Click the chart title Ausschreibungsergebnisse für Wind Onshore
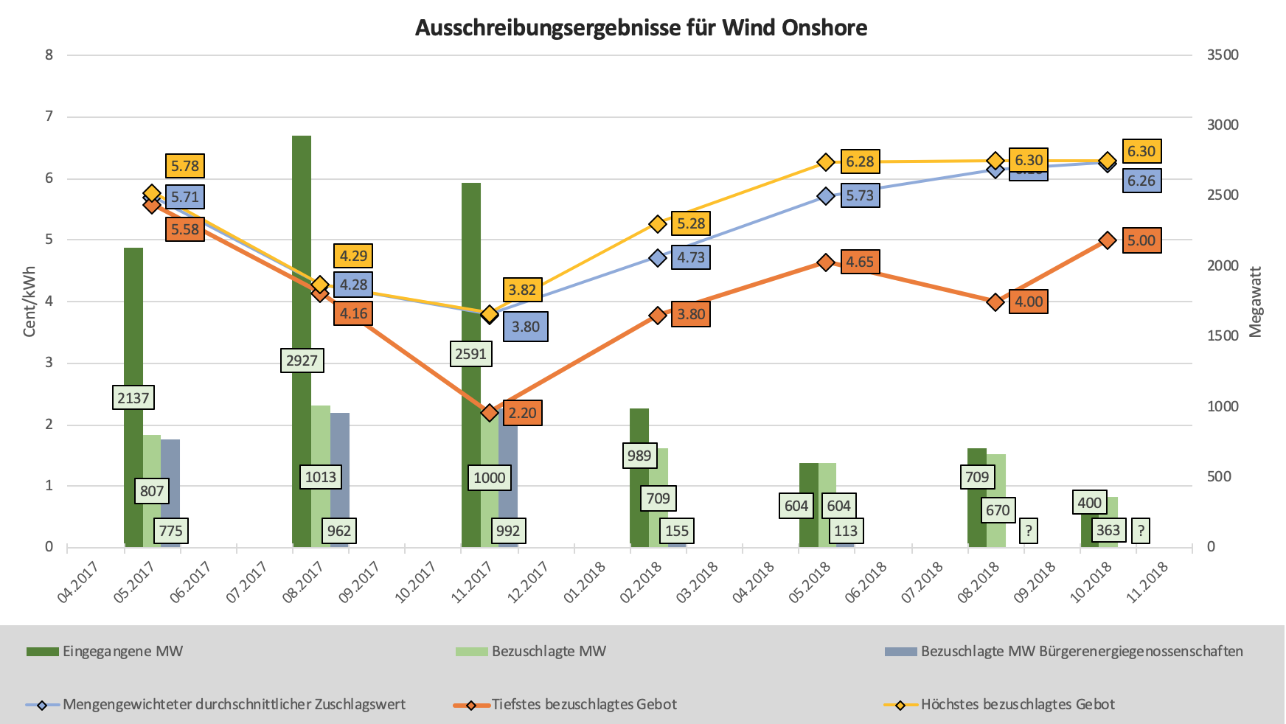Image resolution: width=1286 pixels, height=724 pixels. point(641,28)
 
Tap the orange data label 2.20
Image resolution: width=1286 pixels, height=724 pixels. point(523,413)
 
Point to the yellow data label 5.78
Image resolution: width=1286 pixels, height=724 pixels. point(184,166)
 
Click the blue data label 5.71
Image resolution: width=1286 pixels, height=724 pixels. point(184,197)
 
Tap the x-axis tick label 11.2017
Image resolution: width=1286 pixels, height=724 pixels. point(471,582)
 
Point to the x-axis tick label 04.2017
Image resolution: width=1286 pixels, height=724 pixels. point(77,582)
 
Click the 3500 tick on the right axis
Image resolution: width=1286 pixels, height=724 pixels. point(1223,55)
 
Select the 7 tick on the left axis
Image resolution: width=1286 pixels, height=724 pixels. point(49,116)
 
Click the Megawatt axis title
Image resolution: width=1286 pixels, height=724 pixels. point(1256,302)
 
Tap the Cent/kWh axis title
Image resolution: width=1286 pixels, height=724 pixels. point(29,302)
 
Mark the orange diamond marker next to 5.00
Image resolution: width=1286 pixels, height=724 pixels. point(1108,240)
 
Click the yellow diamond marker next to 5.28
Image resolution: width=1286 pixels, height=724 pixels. point(658,224)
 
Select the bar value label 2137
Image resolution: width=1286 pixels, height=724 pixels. point(133,398)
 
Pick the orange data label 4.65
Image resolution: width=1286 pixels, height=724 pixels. point(860,262)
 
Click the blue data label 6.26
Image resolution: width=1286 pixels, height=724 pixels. point(1141,181)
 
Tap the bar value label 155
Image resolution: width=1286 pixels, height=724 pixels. point(677,531)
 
